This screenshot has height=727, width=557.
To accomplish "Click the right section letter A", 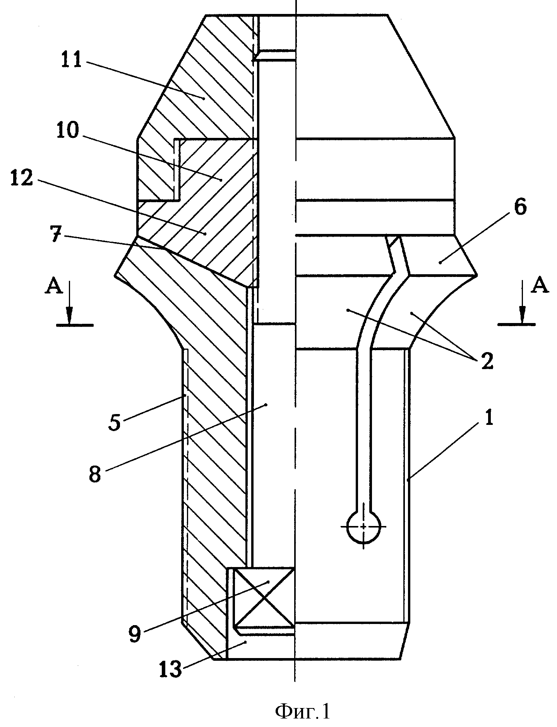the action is pos(540,286).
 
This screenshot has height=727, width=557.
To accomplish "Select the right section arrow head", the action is pos(522,315).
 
